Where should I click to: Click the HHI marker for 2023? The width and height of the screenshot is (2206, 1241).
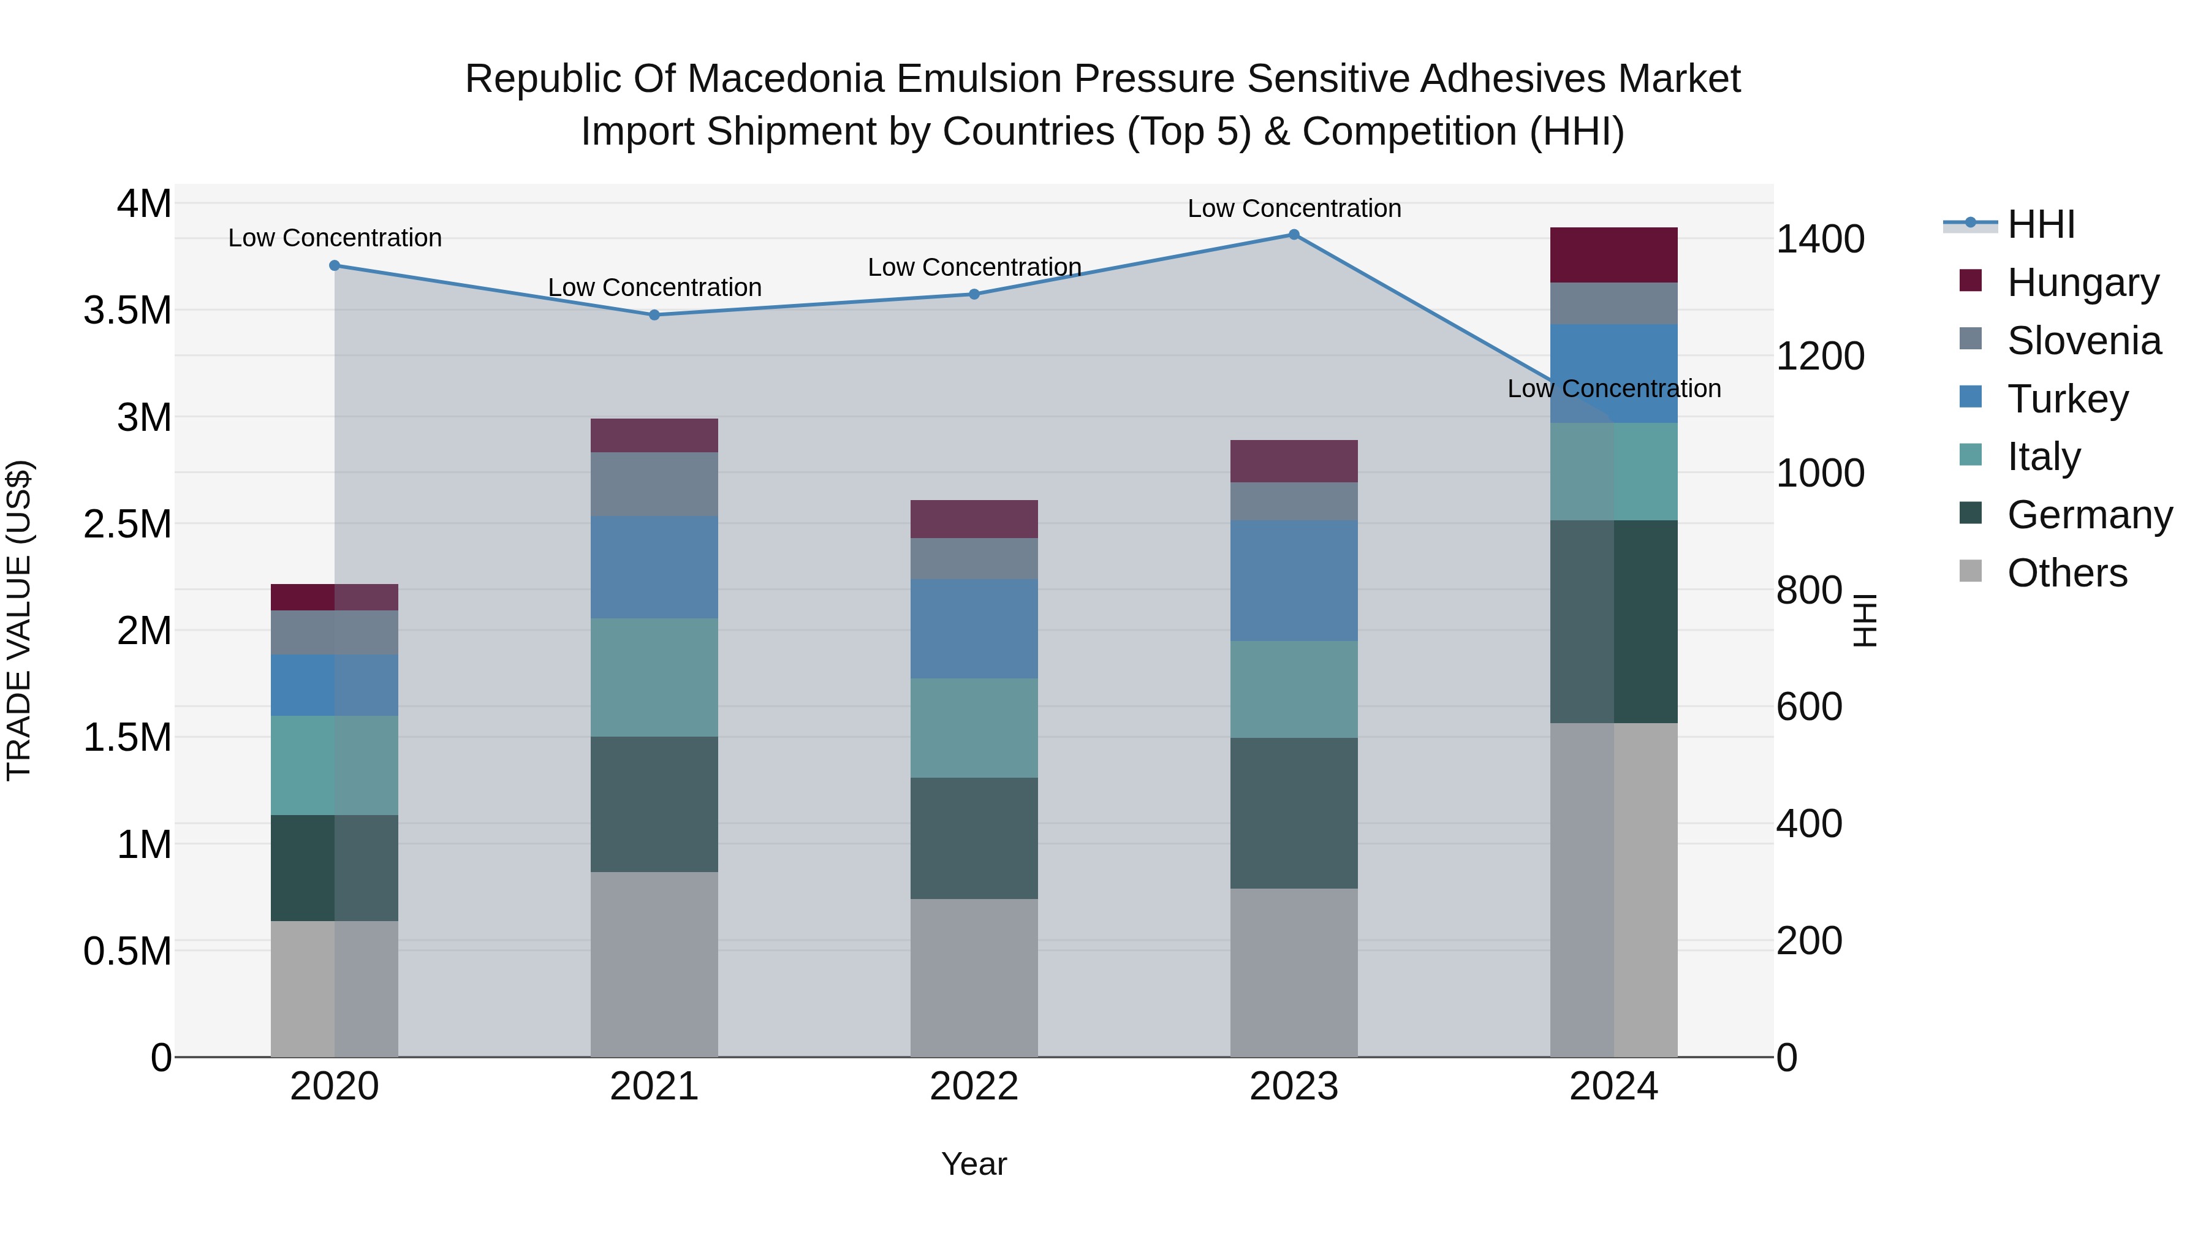pyautogui.click(x=1294, y=235)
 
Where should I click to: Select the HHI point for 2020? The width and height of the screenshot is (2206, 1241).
pyautogui.click(x=335, y=265)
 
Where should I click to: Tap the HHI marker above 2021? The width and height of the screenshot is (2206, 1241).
pyautogui.click(x=654, y=315)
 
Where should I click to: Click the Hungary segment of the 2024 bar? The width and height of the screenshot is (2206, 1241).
pyautogui.click(x=1613, y=255)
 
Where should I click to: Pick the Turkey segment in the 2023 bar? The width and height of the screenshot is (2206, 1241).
pyautogui.click(x=1294, y=581)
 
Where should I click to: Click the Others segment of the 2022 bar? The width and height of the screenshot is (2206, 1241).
pyautogui.click(x=974, y=977)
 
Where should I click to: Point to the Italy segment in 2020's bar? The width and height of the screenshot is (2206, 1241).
pyautogui.click(x=335, y=765)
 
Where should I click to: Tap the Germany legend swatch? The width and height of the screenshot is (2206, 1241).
pyautogui.click(x=1971, y=514)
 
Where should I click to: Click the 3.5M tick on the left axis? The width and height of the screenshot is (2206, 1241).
pyautogui.click(x=127, y=310)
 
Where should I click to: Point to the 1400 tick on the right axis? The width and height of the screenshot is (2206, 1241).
pyautogui.click(x=1820, y=239)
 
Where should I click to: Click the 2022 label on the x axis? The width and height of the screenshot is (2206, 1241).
pyautogui.click(x=974, y=1087)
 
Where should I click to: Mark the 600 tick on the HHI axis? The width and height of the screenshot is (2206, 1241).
pyautogui.click(x=1809, y=707)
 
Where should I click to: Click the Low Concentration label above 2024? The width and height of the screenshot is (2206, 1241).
pyautogui.click(x=1613, y=389)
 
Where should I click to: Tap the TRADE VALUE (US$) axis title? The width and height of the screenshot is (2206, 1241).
pyautogui.click(x=19, y=620)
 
